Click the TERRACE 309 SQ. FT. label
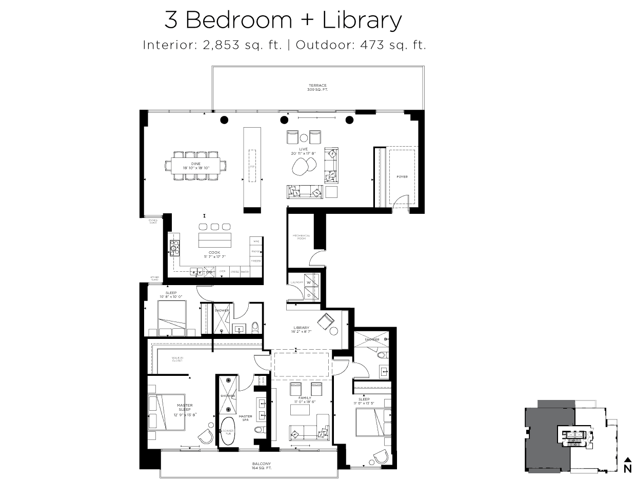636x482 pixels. (317, 87)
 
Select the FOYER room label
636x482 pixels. (402, 176)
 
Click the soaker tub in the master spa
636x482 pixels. (228, 431)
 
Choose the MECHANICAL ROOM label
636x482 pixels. (301, 237)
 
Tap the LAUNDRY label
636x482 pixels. (295, 282)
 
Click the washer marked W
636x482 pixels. (309, 282)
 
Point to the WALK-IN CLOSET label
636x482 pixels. (177, 359)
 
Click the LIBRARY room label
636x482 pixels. (301, 328)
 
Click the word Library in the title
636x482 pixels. (362, 21)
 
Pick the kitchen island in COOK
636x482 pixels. (215, 240)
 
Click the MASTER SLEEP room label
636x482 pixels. (185, 407)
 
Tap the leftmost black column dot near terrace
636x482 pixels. (224, 120)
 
